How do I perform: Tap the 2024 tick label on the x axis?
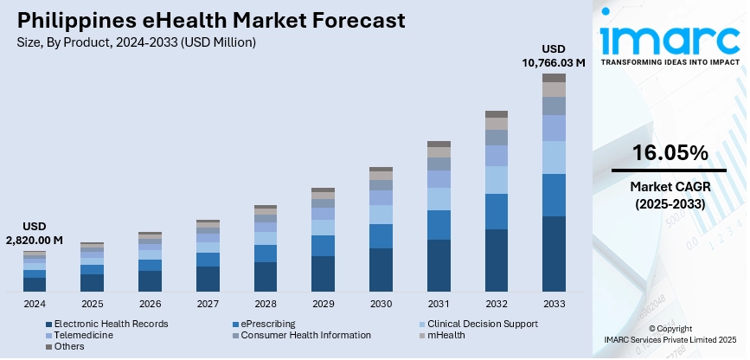tap(35, 304)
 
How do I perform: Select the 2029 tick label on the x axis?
tap(323, 304)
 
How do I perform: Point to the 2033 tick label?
tap(553, 304)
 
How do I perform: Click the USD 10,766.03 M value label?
tap(553, 55)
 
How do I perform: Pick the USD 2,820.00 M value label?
tap(35, 233)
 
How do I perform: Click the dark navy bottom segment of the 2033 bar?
tap(554, 254)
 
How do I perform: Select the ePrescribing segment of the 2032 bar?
tap(497, 211)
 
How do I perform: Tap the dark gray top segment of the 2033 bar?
tap(554, 78)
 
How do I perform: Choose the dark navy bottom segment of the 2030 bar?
tap(381, 270)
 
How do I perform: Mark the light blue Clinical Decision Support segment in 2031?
tap(439, 199)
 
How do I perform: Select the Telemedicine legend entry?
tap(82, 335)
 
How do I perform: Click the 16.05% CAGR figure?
tap(670, 153)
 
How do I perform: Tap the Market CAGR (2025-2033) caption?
tap(670, 195)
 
